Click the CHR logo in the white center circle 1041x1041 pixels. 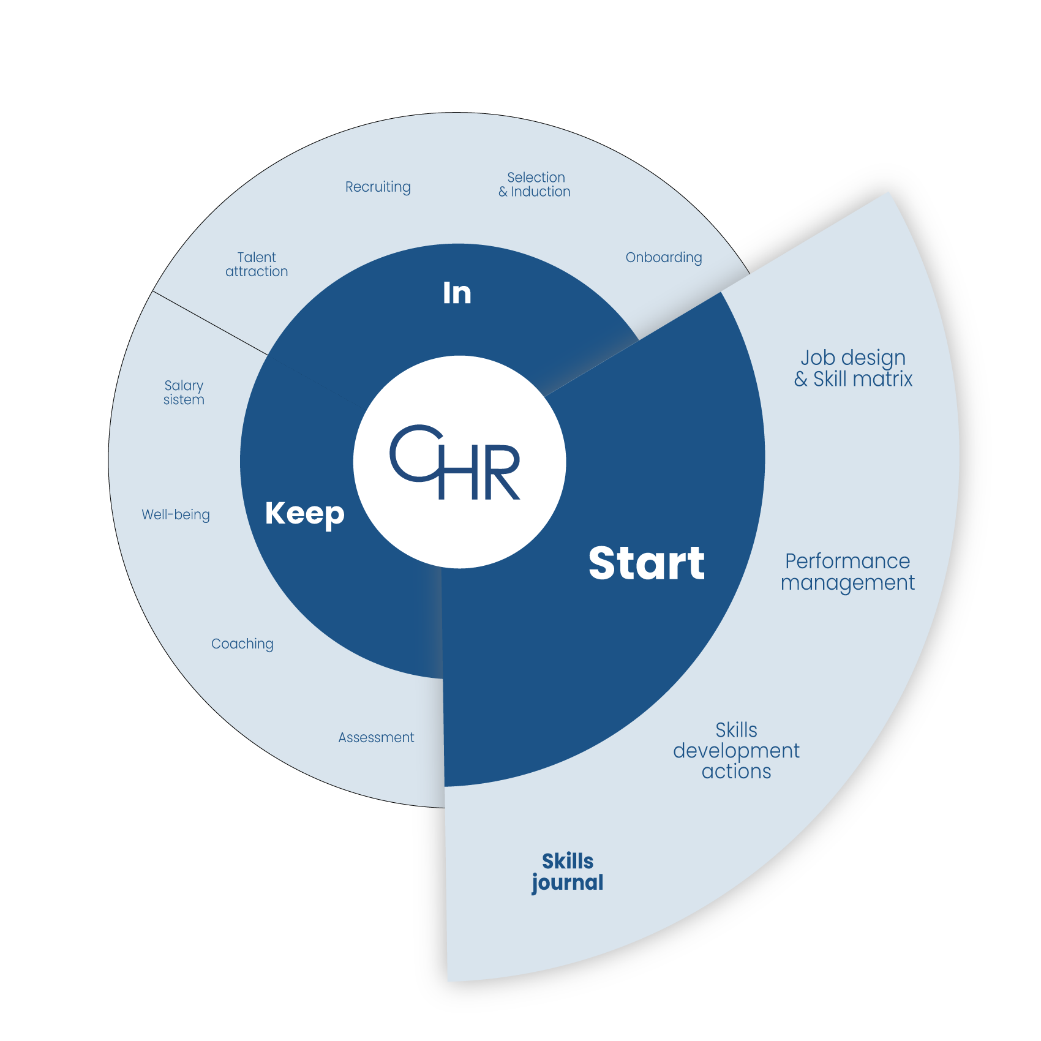click(456, 462)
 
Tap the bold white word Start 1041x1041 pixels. click(646, 563)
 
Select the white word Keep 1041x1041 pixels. click(304, 513)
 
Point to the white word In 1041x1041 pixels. click(457, 293)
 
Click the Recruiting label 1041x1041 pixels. click(378, 187)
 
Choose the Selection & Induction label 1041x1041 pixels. click(535, 184)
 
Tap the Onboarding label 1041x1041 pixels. click(663, 257)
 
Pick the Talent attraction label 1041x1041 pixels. click(257, 265)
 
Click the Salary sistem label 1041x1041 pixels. click(184, 393)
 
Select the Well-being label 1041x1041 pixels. click(176, 514)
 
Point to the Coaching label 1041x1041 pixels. click(242, 644)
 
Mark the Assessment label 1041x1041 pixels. click(376, 737)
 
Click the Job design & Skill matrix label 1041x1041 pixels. click(853, 368)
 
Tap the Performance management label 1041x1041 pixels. click(847, 572)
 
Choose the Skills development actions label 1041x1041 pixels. click(736, 751)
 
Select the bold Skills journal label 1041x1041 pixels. click(568, 872)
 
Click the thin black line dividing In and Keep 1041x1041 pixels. click(210, 323)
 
